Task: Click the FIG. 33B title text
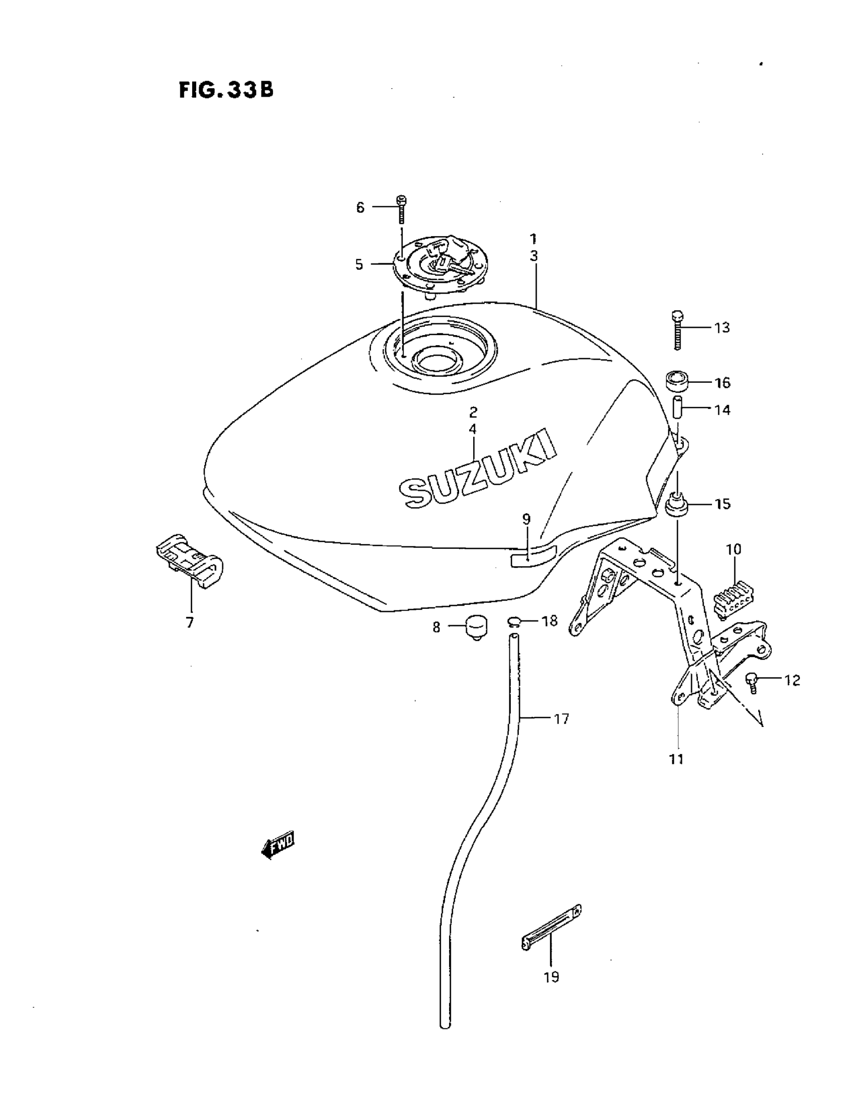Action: pyautogui.click(x=226, y=90)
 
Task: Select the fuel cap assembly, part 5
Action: pyautogui.click(x=439, y=267)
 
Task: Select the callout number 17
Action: pyautogui.click(x=561, y=718)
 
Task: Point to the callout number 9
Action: pyautogui.click(x=526, y=519)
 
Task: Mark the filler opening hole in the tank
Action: pyautogui.click(x=436, y=363)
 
